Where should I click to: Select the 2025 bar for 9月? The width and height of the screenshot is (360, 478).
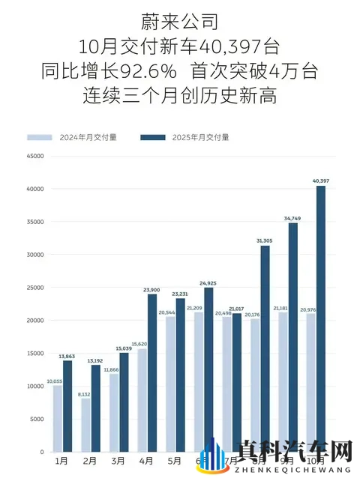[292, 337]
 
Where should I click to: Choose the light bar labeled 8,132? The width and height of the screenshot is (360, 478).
[86, 425]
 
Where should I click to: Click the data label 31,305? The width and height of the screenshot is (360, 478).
[264, 241]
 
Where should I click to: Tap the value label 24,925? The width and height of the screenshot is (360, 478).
[209, 283]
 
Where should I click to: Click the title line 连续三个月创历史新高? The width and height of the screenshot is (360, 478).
[180, 97]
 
